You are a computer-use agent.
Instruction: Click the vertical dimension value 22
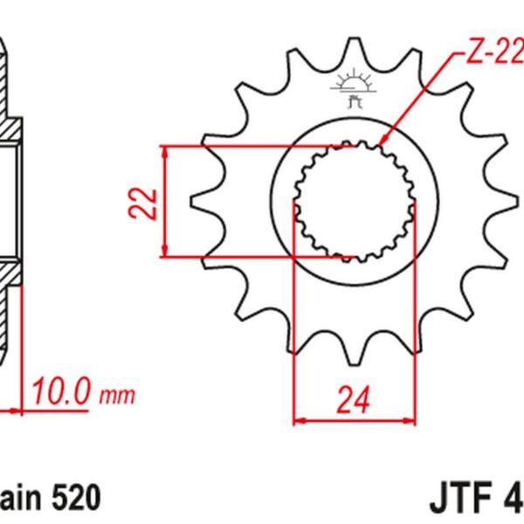pyautogui.click(x=149, y=203)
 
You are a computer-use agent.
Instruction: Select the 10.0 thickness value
pyautogui.click(x=61, y=393)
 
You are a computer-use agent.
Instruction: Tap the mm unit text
pyautogui.click(x=119, y=396)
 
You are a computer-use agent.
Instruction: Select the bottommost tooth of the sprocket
pyautogui.click(x=354, y=358)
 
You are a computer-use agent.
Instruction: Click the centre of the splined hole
pyautogui.click(x=354, y=202)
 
